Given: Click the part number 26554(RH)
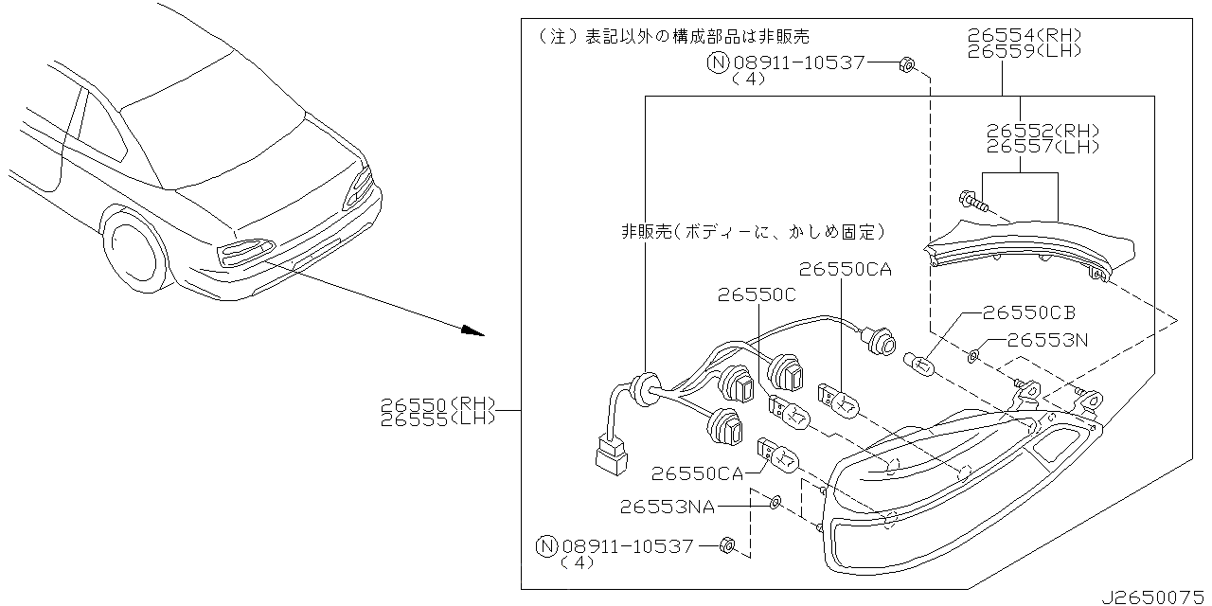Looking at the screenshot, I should pos(1024,36).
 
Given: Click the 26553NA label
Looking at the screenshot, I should pos(668,507).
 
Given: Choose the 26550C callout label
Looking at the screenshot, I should pos(757,295).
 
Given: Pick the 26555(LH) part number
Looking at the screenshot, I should pos(437,419).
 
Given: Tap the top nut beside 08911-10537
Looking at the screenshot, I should pos(905,64).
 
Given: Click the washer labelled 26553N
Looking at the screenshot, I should pos(974,356).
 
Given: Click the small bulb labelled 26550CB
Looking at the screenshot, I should pos(918,363).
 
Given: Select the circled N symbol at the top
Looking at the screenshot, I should pos(719,63).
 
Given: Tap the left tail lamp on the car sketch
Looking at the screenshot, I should pos(242,251).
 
